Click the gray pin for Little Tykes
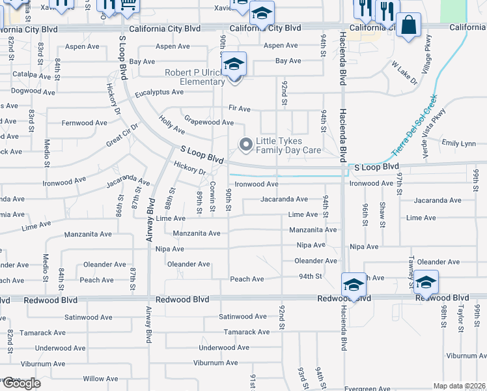245,145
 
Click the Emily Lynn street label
458,143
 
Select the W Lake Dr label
404,74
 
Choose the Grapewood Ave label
208,122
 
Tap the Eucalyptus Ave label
160,93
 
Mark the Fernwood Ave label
84,123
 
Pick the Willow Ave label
100,379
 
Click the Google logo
21,383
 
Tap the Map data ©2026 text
460,386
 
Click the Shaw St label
383,210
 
